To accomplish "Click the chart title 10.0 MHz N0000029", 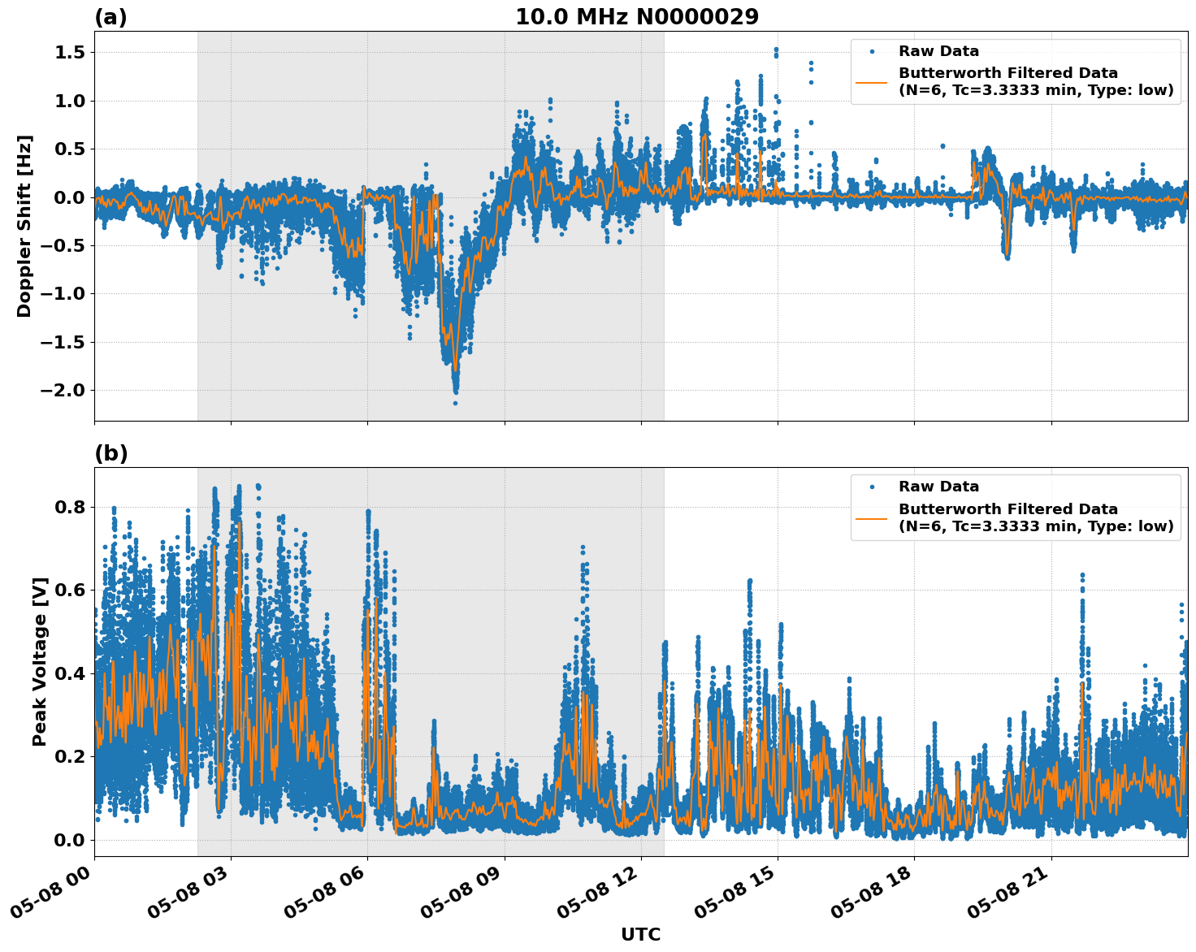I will [637, 17].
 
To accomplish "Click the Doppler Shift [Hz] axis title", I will [24, 226].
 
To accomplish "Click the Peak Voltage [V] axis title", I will [40, 661].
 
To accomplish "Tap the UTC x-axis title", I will [640, 934].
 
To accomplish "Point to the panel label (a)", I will [110, 17].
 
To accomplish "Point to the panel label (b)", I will [110, 453].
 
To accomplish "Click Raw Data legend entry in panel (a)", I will [938, 51].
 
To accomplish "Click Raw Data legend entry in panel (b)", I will [938, 487].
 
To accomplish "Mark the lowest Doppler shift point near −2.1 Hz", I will [455, 403].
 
